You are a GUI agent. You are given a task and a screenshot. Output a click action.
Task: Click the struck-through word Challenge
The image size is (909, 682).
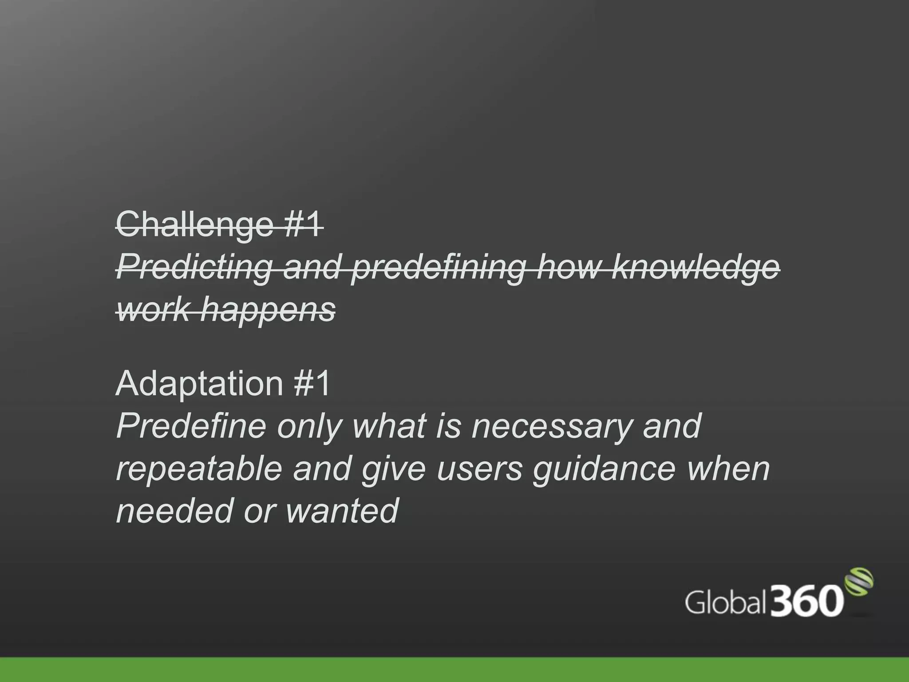coord(194,226)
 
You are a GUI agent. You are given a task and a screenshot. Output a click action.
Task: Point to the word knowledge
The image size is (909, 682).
coord(695,268)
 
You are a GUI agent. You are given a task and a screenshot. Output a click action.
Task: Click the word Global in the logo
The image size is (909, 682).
coord(725,603)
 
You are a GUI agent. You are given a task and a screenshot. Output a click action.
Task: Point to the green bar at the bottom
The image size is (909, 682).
coord(454,670)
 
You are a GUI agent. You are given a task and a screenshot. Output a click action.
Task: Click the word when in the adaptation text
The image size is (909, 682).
coord(728,469)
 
